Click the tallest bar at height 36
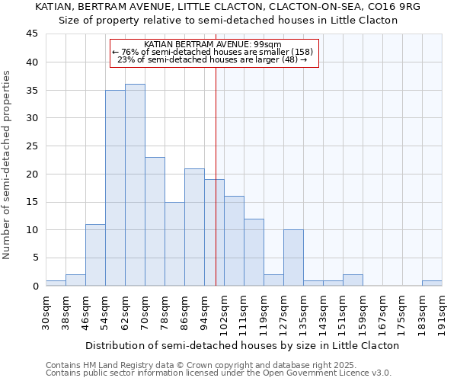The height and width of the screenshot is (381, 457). point(135,185)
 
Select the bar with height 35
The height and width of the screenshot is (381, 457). point(115,188)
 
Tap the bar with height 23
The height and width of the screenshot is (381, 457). point(155,221)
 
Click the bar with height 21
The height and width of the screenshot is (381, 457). point(194,227)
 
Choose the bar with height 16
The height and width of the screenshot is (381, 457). point(234,241)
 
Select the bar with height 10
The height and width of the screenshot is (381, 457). point(293,258)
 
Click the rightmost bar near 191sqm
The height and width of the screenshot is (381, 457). point(432,283)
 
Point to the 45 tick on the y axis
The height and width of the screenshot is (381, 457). point(31,34)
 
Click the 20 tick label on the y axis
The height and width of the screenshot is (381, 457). point(31,174)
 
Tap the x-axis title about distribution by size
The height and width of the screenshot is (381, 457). point(242,345)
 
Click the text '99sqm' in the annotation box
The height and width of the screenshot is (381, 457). point(246,45)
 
